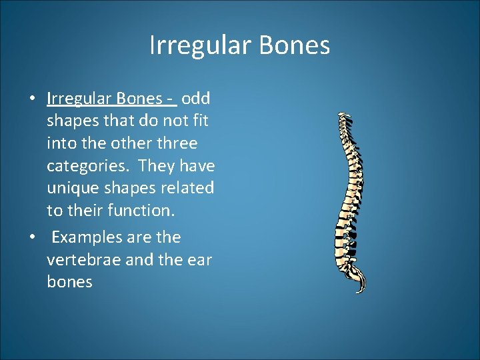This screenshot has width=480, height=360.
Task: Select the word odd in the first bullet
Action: click(x=196, y=99)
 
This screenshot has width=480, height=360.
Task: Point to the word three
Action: click(x=176, y=143)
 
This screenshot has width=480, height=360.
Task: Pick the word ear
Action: click(x=199, y=259)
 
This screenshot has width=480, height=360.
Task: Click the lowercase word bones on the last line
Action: click(x=69, y=282)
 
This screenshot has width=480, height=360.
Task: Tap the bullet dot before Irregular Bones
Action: click(x=32, y=99)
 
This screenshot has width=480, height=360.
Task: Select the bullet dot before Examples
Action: click(x=32, y=238)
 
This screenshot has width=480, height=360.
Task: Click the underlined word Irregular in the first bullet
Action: click(x=80, y=99)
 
